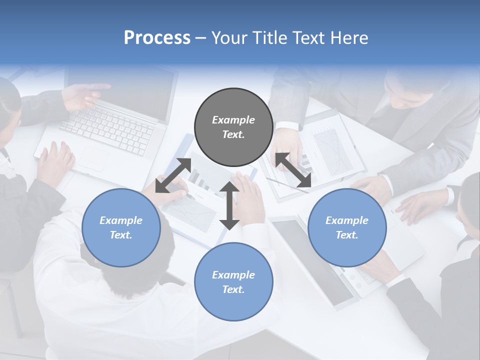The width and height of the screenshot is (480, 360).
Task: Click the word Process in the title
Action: pyautogui.click(x=157, y=38)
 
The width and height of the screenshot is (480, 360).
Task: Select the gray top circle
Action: pyautogui.click(x=233, y=127)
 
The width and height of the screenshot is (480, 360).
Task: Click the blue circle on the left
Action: pyautogui.click(x=121, y=227)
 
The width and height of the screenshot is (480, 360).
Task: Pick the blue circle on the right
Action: pyautogui.click(x=347, y=227)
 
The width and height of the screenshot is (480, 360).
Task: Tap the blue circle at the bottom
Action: pyautogui.click(x=233, y=282)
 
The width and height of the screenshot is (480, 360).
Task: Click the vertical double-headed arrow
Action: pyautogui.click(x=229, y=205)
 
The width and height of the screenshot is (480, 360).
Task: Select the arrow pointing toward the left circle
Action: pyautogui.click(x=173, y=175)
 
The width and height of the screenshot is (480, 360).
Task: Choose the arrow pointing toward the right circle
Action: pyautogui.click(x=293, y=170)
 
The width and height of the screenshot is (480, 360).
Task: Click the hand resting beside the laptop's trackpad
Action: pyautogui.click(x=55, y=162)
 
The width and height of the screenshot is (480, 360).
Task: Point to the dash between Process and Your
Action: pyautogui.click(x=200, y=38)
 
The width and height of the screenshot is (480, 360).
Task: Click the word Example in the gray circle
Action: pyautogui.click(x=233, y=120)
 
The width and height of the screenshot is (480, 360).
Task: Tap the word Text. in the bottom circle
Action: pyautogui.click(x=233, y=289)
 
